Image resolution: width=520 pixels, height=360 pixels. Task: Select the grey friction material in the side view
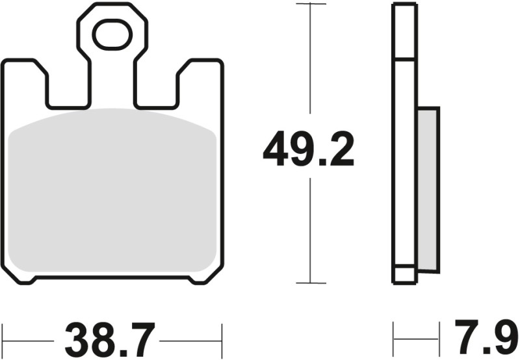pos(428,188)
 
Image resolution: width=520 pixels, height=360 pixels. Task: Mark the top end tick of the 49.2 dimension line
pos(310,4)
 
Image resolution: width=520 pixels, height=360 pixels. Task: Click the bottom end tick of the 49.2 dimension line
pos(310,283)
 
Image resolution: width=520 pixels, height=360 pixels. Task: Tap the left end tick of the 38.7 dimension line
pos(3,339)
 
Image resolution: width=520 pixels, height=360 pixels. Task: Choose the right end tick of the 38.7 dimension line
pos(222,339)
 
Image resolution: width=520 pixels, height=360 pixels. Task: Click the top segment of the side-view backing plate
pos(404,32)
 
